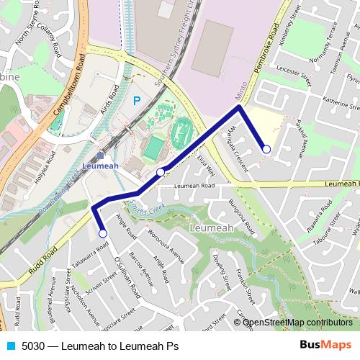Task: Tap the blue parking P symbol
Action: (x=136, y=102)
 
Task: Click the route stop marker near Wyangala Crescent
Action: (x=266, y=149)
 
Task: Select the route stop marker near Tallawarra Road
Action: (x=102, y=233)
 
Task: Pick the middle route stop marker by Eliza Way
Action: (x=161, y=171)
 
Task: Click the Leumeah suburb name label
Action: (x=210, y=228)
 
